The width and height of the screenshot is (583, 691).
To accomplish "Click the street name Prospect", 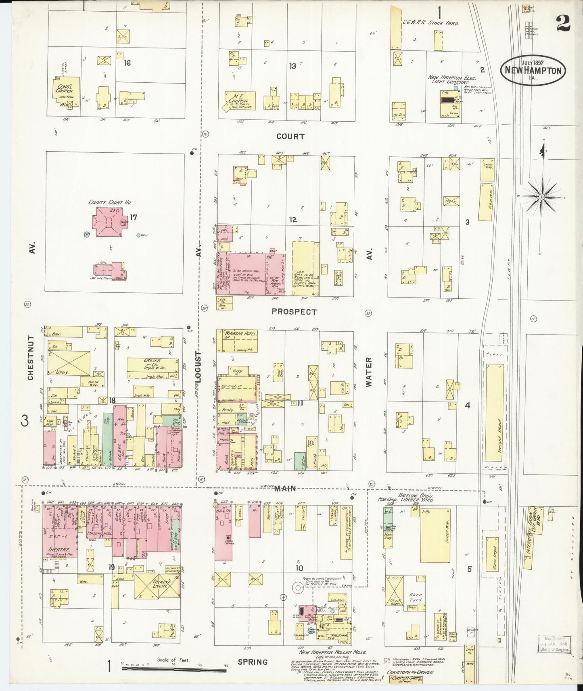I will [x=294, y=312].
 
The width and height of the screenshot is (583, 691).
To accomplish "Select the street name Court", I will [x=290, y=136].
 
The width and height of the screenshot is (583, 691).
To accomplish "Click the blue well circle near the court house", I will [x=138, y=235].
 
